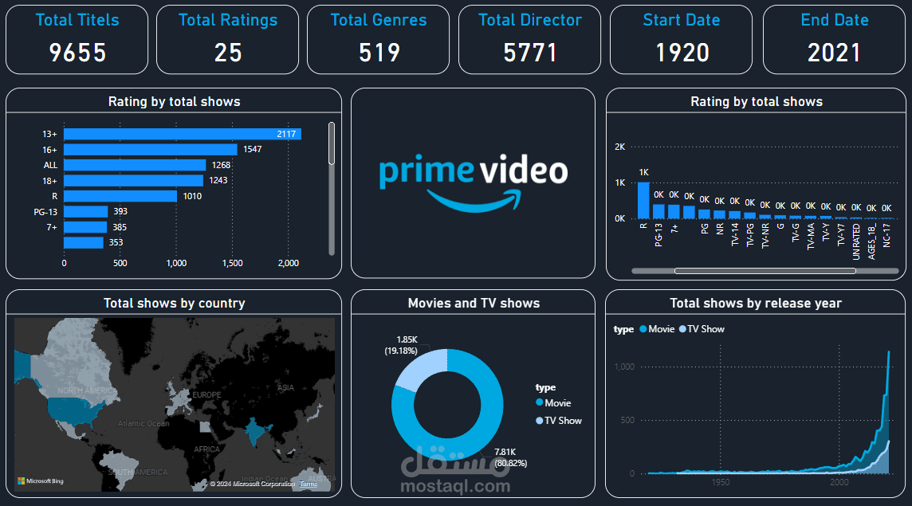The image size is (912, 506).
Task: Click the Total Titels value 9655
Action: pyautogui.click(x=77, y=53)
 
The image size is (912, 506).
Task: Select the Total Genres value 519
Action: pyautogui.click(x=379, y=53)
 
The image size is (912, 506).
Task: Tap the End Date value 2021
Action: pyautogui.click(x=834, y=53)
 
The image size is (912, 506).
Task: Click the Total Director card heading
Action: pyautogui.click(x=530, y=20)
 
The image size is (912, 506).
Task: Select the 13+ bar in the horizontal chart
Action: pyautogui.click(x=182, y=134)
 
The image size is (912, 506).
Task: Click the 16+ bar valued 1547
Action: pyautogui.click(x=150, y=149)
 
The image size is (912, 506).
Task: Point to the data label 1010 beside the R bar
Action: pyautogui.click(x=193, y=196)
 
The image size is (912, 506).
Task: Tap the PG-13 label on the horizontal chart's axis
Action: pyautogui.click(x=45, y=212)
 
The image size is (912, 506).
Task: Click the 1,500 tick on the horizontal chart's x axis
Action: pyautogui.click(x=233, y=263)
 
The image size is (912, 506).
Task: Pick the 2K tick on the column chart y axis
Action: pyautogui.click(x=619, y=147)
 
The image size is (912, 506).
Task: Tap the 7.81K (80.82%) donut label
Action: pyautogui.click(x=511, y=457)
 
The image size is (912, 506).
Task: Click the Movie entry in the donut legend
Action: pyautogui.click(x=557, y=403)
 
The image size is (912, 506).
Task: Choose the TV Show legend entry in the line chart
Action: pyautogui.click(x=706, y=329)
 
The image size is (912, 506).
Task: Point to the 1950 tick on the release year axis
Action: pyautogui.click(x=720, y=482)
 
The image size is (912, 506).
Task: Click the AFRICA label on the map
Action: pyautogui.click(x=207, y=449)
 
